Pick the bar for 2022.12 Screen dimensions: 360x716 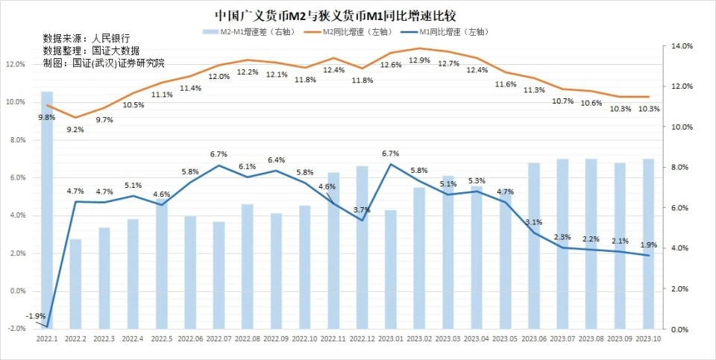[362, 246]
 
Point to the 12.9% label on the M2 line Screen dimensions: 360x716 [419, 60]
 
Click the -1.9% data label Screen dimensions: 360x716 [35, 317]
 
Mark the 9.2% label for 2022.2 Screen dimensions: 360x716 [75, 129]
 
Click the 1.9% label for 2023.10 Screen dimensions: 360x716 [648, 245]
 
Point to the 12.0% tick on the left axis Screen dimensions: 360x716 [16, 64]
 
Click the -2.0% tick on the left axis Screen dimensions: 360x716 [16, 329]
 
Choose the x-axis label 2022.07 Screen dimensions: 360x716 [218, 339]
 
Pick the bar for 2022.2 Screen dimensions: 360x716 [75, 283]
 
